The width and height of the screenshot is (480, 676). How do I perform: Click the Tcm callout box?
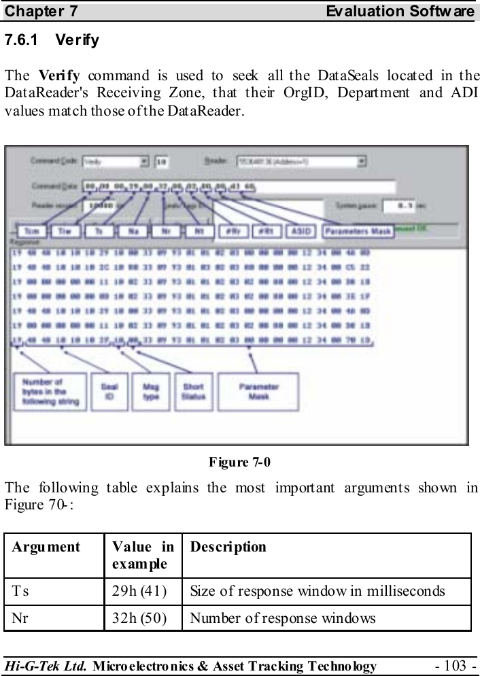tap(31, 231)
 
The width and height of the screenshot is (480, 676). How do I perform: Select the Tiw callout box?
tap(65, 231)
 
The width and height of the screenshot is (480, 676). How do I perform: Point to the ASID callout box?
tap(299, 231)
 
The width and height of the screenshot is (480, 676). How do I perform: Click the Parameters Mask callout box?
tap(358, 231)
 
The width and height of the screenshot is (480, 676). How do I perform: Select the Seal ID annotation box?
tap(108, 391)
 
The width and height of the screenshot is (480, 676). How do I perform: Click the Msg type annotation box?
tap(150, 391)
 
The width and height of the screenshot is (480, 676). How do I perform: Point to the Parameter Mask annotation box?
tap(258, 391)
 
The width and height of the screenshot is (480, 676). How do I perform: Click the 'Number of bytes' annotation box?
tap(50, 391)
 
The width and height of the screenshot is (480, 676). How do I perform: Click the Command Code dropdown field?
tap(116, 161)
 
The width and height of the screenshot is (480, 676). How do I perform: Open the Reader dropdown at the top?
tap(301, 161)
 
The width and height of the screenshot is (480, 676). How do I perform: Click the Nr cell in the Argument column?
tap(18, 618)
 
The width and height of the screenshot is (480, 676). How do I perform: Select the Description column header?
tap(228, 547)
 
